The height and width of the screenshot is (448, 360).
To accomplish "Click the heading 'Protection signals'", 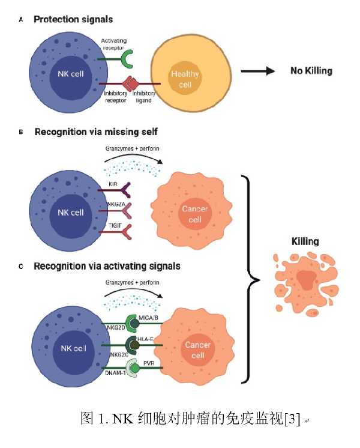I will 73,20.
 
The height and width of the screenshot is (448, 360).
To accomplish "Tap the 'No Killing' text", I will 311,71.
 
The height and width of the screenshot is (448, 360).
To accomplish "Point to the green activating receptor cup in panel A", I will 128,58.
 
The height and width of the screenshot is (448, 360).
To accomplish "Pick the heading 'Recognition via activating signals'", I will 107,265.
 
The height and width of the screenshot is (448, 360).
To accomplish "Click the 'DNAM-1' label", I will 115,374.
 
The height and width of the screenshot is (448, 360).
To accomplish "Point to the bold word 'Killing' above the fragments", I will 305,241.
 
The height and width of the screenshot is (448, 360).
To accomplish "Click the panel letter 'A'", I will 22,20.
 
